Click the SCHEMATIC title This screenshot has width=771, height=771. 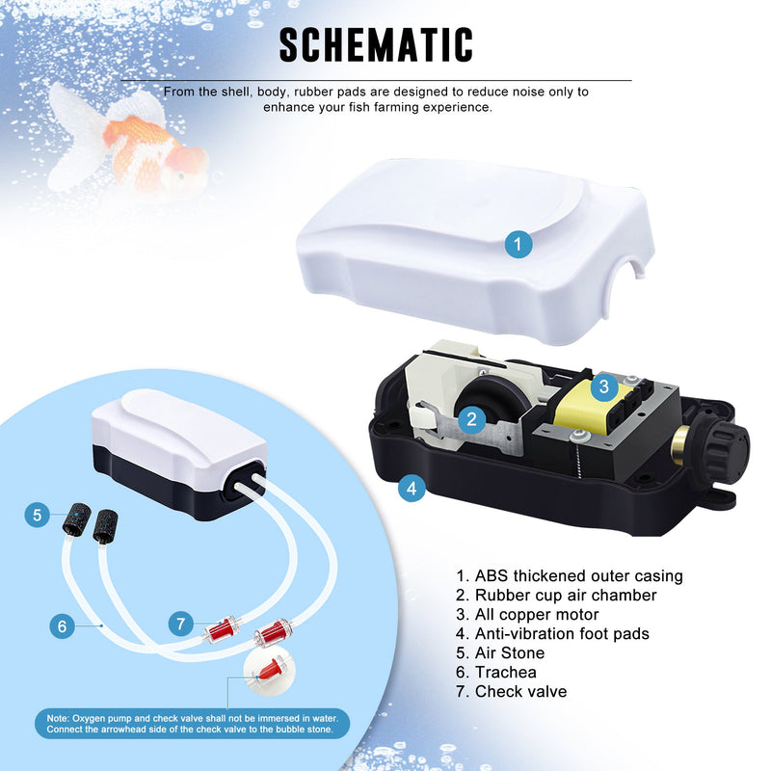click(376, 44)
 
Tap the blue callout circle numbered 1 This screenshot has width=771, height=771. click(518, 244)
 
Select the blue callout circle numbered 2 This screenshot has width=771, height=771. click(472, 419)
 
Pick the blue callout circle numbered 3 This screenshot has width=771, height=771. click(604, 386)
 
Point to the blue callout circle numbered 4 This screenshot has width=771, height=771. click(412, 488)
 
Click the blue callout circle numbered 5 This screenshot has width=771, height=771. click(38, 515)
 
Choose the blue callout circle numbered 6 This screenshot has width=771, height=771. click(62, 625)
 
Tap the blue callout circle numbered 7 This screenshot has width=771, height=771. click(181, 624)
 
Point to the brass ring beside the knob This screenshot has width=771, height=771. click(680, 446)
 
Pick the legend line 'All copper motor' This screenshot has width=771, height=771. click(527, 615)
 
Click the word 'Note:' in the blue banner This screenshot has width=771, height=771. click(58, 718)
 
